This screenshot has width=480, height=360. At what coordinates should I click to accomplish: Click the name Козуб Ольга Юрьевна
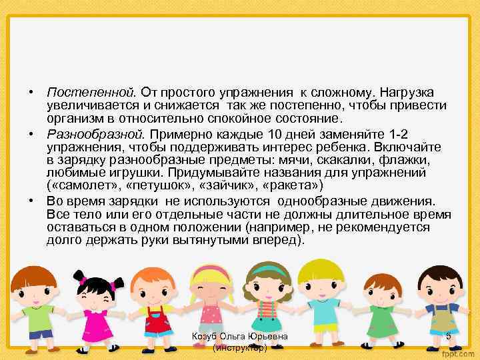pyautogui.click(x=239, y=337)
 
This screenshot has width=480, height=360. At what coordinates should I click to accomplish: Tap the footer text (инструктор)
pyautogui.click(x=239, y=348)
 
